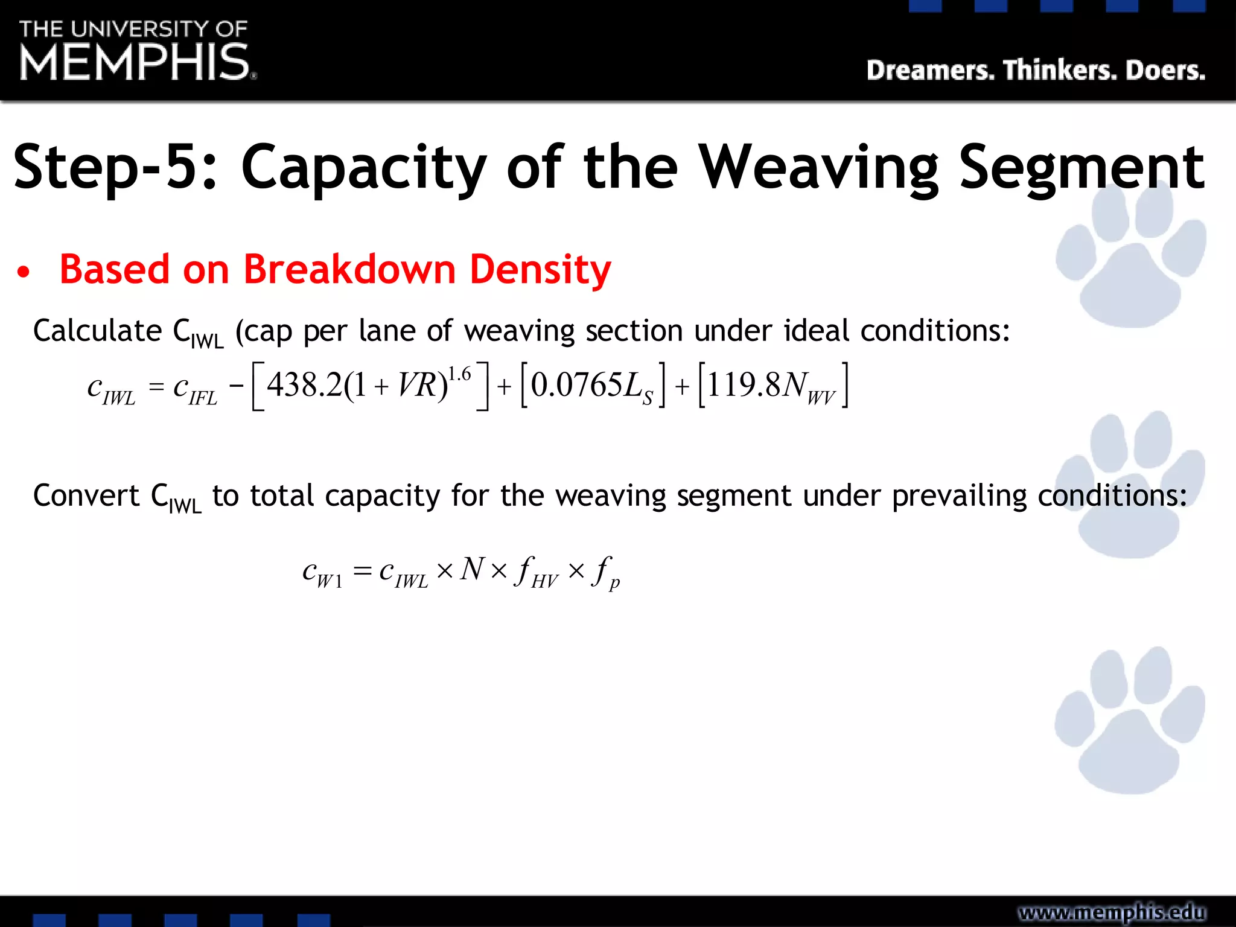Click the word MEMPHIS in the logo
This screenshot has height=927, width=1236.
point(135,62)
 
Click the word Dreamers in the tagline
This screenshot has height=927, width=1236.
point(930,71)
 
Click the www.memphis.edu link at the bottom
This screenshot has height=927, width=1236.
point(1112,912)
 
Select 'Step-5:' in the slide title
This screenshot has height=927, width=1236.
point(115,167)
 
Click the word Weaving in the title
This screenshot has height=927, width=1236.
point(818,167)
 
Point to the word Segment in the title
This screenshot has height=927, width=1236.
point(1081,167)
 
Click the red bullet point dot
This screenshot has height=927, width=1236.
point(23,272)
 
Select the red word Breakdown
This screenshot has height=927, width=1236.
point(349,269)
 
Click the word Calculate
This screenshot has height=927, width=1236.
point(97,331)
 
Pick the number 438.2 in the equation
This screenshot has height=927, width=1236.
point(305,385)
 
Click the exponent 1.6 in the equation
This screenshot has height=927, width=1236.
point(459,374)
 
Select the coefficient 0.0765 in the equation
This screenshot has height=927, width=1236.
point(576,385)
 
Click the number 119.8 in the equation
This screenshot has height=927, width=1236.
point(744,385)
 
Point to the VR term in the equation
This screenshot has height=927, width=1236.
point(418,385)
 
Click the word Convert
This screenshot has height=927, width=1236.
point(86,495)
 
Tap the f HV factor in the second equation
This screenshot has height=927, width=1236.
point(537,572)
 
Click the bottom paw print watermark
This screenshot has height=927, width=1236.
point(1129,721)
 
